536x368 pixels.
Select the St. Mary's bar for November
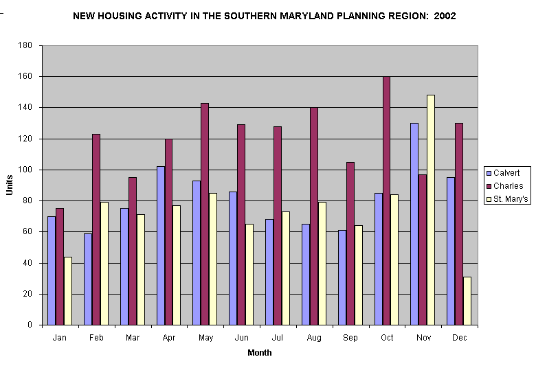(x=430, y=209)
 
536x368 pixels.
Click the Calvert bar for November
(x=414, y=224)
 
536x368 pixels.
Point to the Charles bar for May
(x=204, y=214)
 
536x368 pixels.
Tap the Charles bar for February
(x=96, y=229)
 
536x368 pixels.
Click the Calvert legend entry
(x=506, y=173)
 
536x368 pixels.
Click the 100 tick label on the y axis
(x=27, y=170)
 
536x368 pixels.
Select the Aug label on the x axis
(x=313, y=338)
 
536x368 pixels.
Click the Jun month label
(x=241, y=338)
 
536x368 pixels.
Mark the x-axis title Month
(x=260, y=353)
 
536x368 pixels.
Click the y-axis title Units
(x=10, y=185)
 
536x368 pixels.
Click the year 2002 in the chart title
(x=445, y=15)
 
